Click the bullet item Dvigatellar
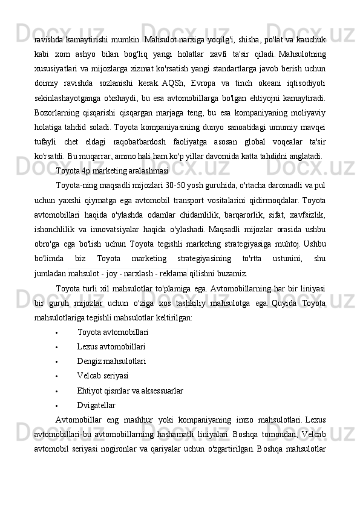(x=96, y=404)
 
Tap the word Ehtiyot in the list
(x=90, y=390)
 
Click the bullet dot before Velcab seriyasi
(x=56, y=376)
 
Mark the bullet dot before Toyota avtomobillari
(x=56, y=332)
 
